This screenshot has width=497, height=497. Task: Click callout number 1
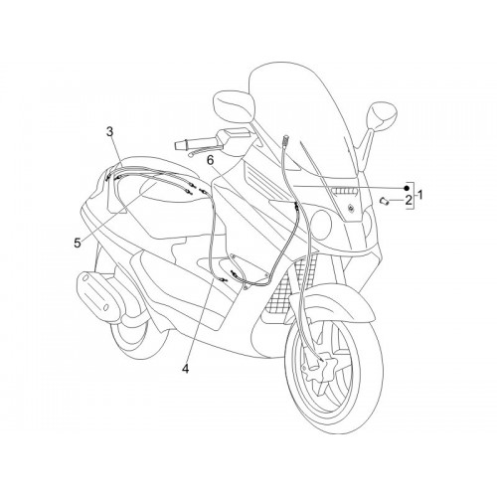[419, 195]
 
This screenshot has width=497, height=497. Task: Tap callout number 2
[409, 200]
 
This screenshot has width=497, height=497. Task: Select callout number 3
[109, 131]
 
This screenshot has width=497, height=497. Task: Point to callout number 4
[186, 368]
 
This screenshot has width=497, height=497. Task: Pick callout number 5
[78, 244]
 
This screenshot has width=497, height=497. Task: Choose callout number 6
[211, 160]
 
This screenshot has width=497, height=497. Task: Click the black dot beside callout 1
[406, 188]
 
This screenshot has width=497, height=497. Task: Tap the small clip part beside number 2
[384, 201]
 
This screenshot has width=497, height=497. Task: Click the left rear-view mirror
[235, 104]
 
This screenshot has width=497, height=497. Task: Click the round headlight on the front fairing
[322, 223]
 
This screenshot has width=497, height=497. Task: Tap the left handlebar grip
[182, 145]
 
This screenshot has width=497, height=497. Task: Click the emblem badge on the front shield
[350, 208]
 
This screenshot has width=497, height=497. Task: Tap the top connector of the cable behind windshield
[286, 138]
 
